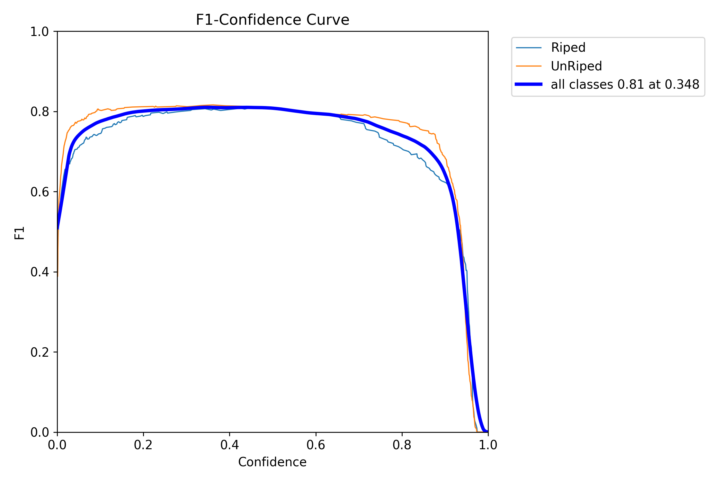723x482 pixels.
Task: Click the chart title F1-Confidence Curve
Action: coord(272,20)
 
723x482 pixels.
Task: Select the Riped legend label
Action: coord(568,48)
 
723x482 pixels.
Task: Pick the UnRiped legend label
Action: coord(576,66)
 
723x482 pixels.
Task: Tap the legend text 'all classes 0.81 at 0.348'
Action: coord(625,85)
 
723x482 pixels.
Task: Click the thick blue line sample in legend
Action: coord(529,84)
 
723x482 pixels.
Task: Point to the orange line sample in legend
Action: coord(529,66)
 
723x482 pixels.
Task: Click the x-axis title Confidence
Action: coord(272,462)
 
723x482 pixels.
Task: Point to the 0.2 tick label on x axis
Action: coord(143,445)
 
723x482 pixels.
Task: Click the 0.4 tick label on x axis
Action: coord(229,445)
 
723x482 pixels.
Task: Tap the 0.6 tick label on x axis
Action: coord(316,445)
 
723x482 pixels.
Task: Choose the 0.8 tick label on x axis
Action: coord(402,445)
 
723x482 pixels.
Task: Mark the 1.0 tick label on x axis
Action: coord(488,445)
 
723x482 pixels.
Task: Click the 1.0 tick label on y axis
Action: coord(40,32)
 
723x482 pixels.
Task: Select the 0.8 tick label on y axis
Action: coord(40,112)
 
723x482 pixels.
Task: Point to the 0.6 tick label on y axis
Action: coord(40,192)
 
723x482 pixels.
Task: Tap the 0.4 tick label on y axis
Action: coord(40,272)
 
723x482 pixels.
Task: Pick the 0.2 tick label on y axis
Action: coord(40,352)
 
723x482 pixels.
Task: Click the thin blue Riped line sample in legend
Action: coord(529,48)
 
